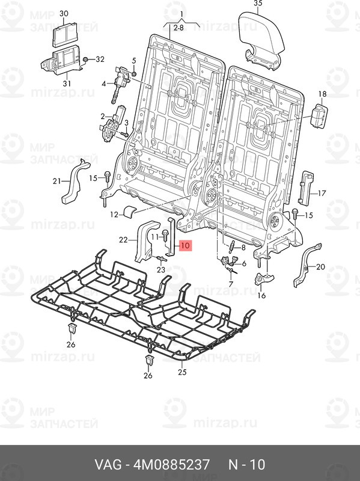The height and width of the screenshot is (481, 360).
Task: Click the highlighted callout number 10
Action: pos(185,246)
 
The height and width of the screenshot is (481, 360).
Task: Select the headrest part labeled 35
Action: pos(261,40)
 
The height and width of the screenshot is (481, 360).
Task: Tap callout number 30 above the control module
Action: pos(64,13)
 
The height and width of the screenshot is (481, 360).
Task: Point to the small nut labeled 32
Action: pos(86,59)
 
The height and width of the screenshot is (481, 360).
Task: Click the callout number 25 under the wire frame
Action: pos(182,372)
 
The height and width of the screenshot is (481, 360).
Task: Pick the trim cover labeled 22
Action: pos(147,241)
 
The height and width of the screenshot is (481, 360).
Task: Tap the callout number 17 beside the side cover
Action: pos(322,193)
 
